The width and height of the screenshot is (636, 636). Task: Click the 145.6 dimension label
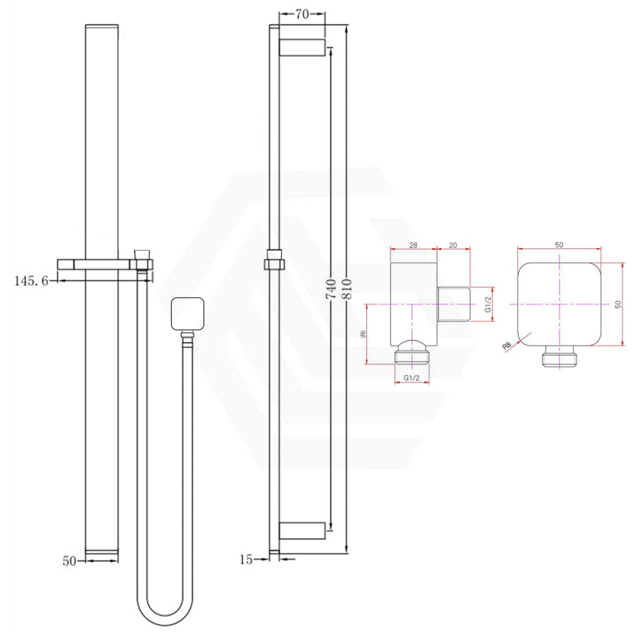(31, 281)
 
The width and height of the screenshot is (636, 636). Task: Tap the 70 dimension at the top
(302, 14)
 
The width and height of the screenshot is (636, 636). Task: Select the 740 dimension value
(331, 289)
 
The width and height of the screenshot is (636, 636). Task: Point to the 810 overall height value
(347, 289)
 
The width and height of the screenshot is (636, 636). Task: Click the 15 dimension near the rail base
(246, 560)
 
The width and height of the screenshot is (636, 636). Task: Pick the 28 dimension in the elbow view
(413, 245)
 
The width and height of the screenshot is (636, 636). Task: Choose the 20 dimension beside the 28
(453, 245)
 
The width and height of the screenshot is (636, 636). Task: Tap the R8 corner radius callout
(506, 346)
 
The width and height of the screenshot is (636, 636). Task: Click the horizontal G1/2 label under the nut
(412, 378)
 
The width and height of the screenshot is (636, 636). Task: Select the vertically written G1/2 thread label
(488, 304)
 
